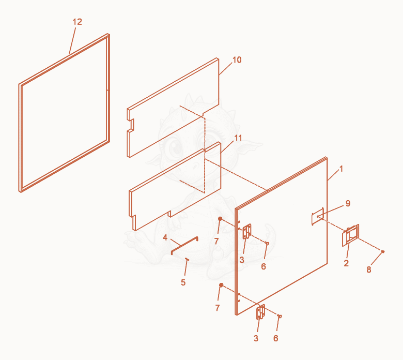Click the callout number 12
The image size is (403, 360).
pyautogui.click(x=78, y=22)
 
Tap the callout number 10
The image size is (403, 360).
pyautogui.click(x=237, y=60)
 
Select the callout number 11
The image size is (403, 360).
pyautogui.click(x=238, y=138)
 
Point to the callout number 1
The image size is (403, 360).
pyautogui.click(x=341, y=169)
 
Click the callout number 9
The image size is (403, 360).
pyautogui.click(x=348, y=204)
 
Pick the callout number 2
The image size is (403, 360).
pyautogui.click(x=346, y=263)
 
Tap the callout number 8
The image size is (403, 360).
pyautogui.click(x=369, y=269)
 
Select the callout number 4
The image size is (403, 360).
pyautogui.click(x=165, y=237)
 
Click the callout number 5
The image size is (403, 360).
pyautogui.click(x=183, y=282)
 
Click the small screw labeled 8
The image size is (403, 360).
pyautogui.click(x=383, y=251)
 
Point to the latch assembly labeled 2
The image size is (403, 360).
pyautogui.click(x=350, y=235)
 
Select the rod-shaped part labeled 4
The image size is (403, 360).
pyautogui.click(x=184, y=246)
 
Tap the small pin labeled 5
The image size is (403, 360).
pyautogui.click(x=187, y=259)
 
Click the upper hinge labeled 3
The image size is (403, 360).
pyautogui.click(x=247, y=231)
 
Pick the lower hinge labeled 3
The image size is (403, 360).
pyautogui.click(x=260, y=312)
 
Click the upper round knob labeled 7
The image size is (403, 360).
pyautogui.click(x=220, y=218)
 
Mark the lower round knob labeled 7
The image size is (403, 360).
pyautogui.click(x=221, y=285)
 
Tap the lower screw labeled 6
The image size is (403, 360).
pyautogui.click(x=280, y=316)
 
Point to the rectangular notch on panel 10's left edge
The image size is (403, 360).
pyautogui.click(x=132, y=125)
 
